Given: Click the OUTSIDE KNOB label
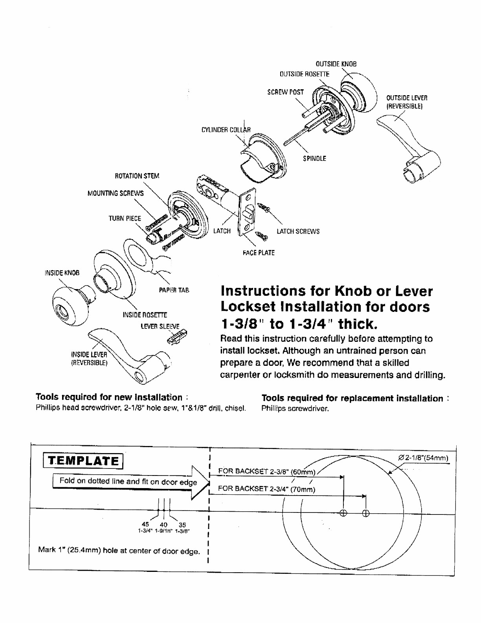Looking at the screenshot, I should point(336,64).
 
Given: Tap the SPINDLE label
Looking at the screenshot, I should point(314,159).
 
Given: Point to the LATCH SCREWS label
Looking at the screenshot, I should point(298,231).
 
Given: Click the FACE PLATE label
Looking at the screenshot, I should point(258,253).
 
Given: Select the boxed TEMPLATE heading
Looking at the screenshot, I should point(82,461).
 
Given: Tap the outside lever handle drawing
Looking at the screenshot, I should point(409,146).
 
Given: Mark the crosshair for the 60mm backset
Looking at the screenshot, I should point(343,513).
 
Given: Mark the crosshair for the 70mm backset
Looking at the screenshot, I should point(365,513).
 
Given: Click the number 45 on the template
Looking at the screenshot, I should point(146,524).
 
